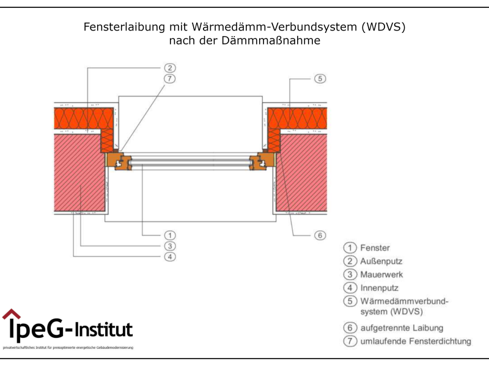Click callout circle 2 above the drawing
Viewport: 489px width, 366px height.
[x=169, y=68]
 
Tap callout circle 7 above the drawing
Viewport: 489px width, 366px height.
[x=169, y=79]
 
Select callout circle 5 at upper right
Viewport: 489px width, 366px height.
[x=319, y=79]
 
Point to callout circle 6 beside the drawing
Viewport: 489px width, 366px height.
[x=319, y=235]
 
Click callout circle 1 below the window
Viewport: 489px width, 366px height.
[x=169, y=235]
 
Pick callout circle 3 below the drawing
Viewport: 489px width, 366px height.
[x=169, y=246]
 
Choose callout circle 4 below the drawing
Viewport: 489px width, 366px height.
[x=169, y=257]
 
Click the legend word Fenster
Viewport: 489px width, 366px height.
[x=375, y=248]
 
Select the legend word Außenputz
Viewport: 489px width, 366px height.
[x=381, y=261]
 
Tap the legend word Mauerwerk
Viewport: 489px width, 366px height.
[x=381, y=274]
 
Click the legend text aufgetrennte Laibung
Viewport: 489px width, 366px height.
[x=402, y=328]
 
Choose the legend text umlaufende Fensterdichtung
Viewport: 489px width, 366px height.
[x=416, y=341]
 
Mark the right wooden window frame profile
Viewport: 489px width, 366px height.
[x=263, y=161]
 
